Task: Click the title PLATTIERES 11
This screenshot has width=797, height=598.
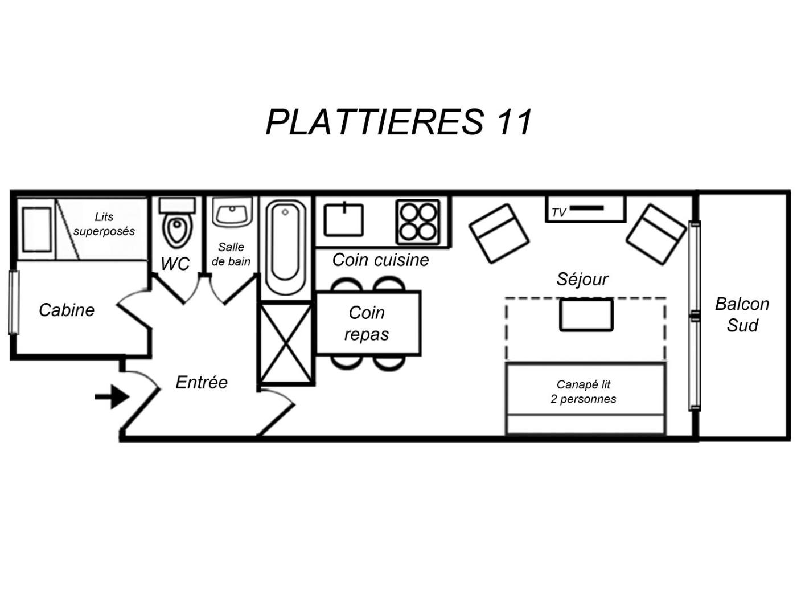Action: pyautogui.click(x=398, y=122)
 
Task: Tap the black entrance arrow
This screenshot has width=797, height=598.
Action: pyautogui.click(x=112, y=396)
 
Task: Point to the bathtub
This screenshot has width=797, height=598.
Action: pyautogui.click(x=285, y=248)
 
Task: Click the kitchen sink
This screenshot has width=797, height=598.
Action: pyautogui.click(x=343, y=220)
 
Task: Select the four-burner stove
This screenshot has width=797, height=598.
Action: pyautogui.click(x=417, y=222)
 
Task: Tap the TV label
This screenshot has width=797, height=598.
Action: pyautogui.click(x=558, y=212)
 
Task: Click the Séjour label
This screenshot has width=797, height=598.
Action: pyautogui.click(x=582, y=280)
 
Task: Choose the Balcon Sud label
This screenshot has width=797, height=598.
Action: pyautogui.click(x=742, y=314)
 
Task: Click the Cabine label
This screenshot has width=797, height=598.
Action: pyautogui.click(x=67, y=310)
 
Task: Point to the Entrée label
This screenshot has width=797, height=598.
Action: pyautogui.click(x=202, y=382)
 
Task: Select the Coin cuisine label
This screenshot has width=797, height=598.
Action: pyautogui.click(x=380, y=260)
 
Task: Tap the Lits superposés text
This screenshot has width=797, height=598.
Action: pyautogui.click(x=104, y=224)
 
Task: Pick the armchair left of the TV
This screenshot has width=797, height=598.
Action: pyautogui.click(x=499, y=234)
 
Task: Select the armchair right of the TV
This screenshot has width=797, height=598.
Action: pyautogui.click(x=656, y=234)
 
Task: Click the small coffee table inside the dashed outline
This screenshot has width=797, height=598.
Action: pyautogui.click(x=586, y=315)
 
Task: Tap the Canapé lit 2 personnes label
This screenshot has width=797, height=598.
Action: pyautogui.click(x=583, y=392)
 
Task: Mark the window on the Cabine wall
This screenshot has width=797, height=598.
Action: pyautogui.click(x=14, y=302)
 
